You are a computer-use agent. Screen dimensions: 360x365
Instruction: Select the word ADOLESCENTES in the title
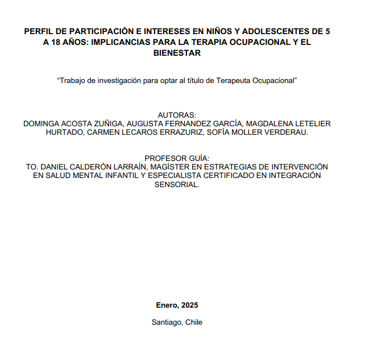tap(272, 31)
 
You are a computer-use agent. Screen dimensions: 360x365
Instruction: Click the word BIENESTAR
tap(177, 53)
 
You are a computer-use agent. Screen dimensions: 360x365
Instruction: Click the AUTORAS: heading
tap(177, 114)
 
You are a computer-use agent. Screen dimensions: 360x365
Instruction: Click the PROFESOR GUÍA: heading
tap(177, 158)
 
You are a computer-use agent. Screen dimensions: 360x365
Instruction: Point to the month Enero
tap(167, 305)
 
